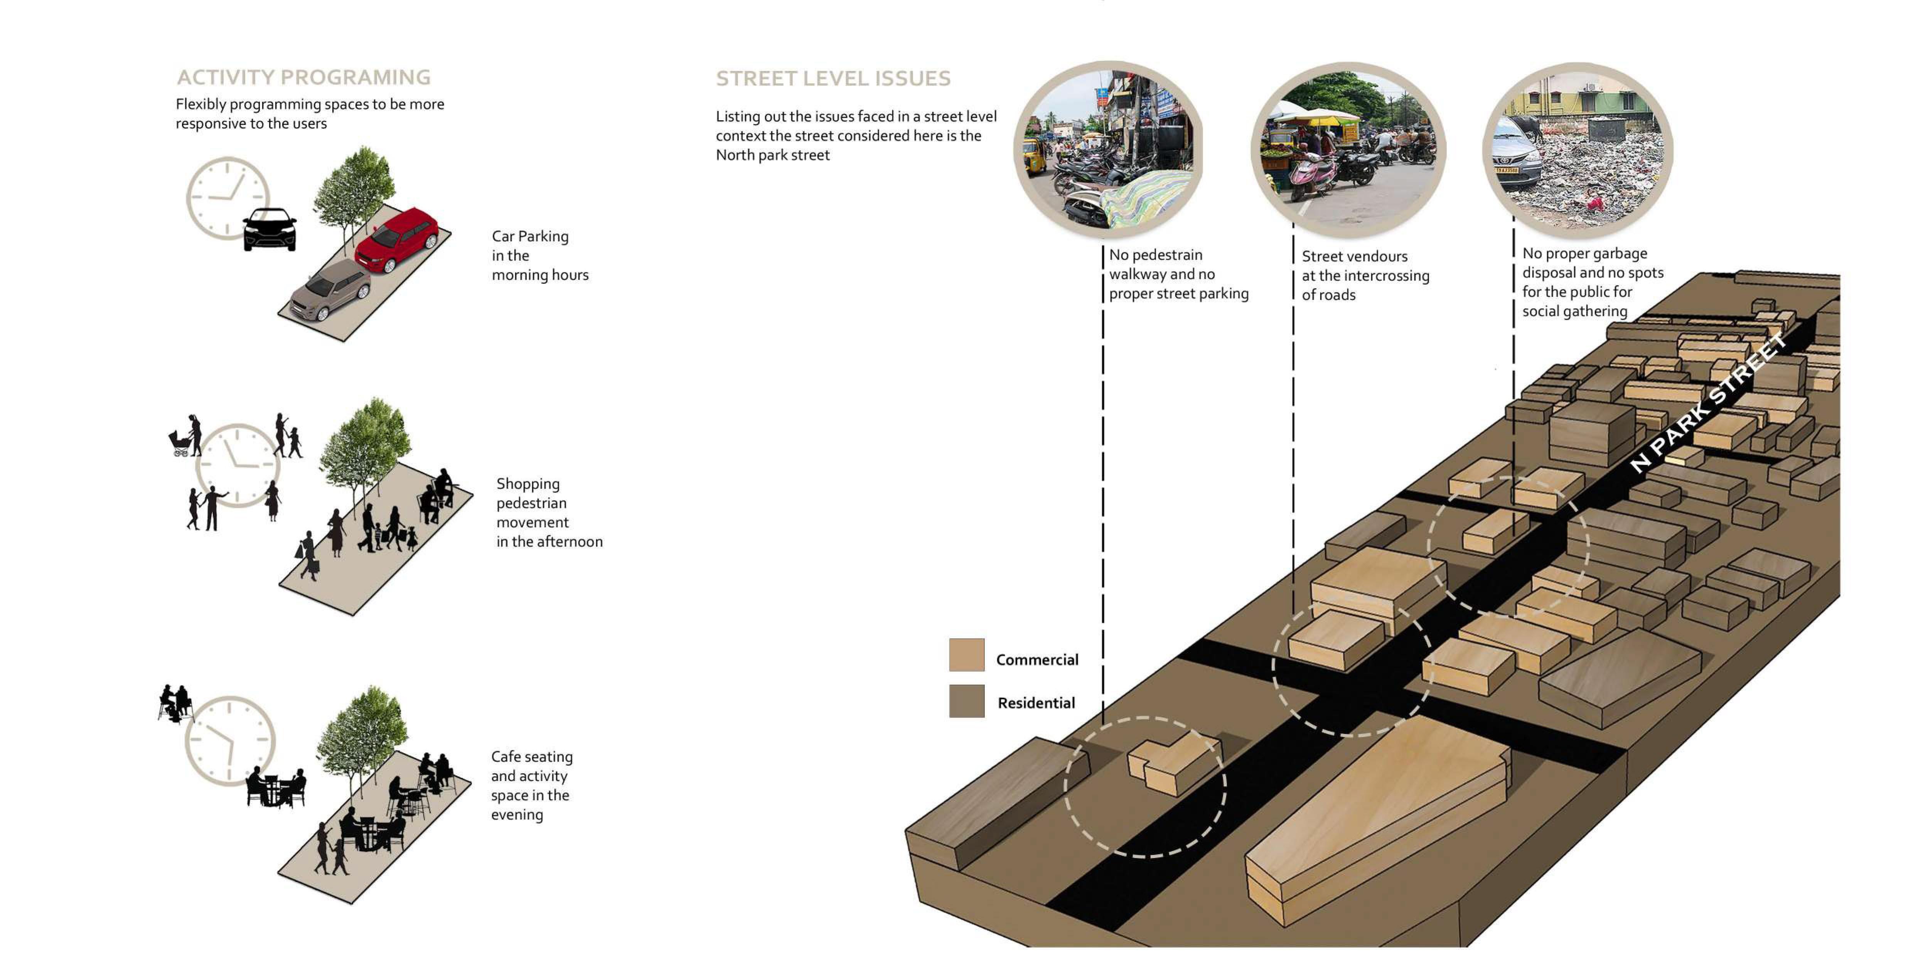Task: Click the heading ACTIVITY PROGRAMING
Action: pos(303,77)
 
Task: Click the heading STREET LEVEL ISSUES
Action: pos(833,79)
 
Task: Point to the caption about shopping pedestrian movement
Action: pos(549,513)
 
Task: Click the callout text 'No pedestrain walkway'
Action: pos(1178,274)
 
